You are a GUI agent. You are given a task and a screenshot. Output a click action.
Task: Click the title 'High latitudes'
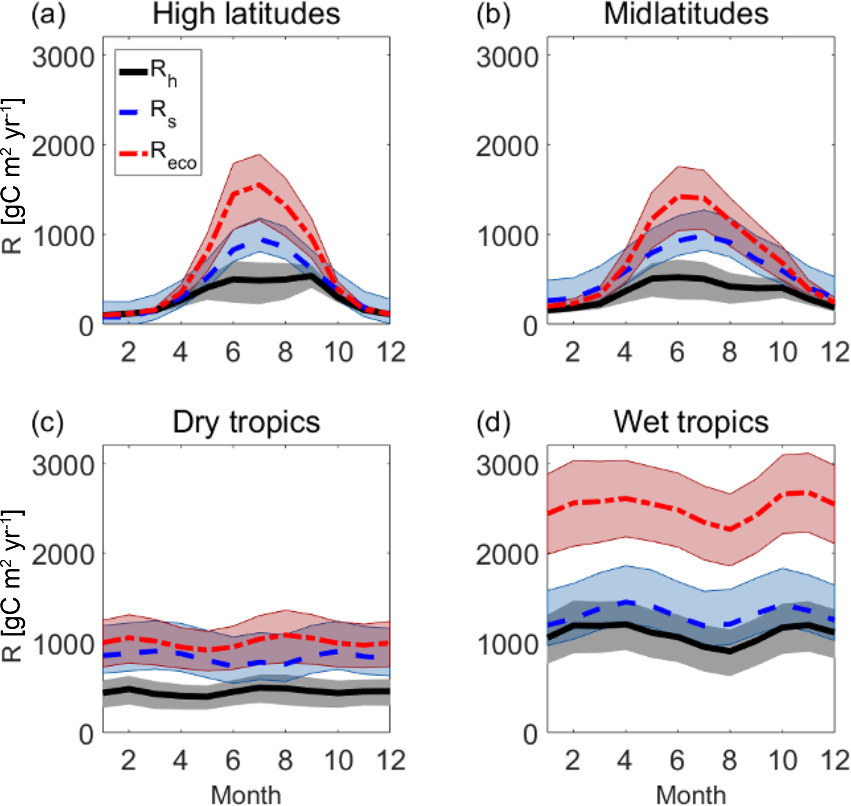pos(246,14)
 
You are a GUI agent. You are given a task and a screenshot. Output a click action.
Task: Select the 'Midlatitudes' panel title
pos(686,14)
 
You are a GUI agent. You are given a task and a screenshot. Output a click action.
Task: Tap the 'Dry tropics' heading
pos(246,422)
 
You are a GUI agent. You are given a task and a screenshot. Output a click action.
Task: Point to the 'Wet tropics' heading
pos(691,422)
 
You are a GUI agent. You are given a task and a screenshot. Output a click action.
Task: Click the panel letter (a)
pos(48,14)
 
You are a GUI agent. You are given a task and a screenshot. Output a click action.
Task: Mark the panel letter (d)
pos(493,422)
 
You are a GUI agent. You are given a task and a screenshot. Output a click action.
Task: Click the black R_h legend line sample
pos(133,71)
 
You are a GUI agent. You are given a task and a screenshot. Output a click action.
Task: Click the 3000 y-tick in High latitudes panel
pos(63,57)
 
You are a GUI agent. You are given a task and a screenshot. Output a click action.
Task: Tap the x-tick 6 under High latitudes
pos(233,352)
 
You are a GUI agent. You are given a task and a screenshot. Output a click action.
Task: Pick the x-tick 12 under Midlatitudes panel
pos(835,352)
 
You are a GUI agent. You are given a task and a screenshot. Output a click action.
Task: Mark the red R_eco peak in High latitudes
pos(259,185)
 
